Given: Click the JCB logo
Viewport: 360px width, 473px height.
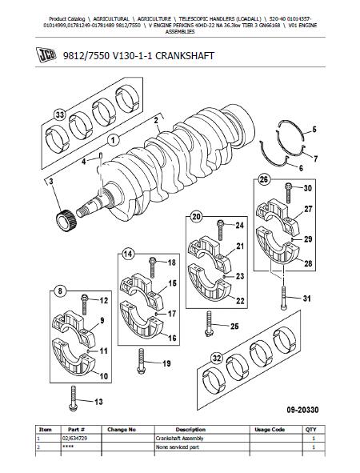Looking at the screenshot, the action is pos(46,55).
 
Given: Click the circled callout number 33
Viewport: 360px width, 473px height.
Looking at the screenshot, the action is pos(60,115).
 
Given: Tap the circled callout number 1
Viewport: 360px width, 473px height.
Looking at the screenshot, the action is pos(113,140).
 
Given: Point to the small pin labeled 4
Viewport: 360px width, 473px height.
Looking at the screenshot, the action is pos(101,156).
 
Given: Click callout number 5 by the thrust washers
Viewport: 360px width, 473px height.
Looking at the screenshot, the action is pos(314,130).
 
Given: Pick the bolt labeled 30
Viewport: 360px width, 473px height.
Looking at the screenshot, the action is pos(288,193).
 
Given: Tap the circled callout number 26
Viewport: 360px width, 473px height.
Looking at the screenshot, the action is pos(263,180).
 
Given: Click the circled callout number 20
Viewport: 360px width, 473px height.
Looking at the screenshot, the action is pos(196,217).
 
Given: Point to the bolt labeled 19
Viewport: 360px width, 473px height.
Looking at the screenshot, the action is pos(141,361).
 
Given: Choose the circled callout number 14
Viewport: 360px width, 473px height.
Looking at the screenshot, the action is pos(128,254).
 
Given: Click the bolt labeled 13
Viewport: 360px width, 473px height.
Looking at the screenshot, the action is pos(74,399).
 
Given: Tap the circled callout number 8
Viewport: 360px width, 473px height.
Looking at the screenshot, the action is pos(60,291).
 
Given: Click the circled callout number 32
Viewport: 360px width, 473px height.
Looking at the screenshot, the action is pos(217,359).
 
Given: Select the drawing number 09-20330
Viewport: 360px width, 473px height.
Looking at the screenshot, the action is pos(302,410).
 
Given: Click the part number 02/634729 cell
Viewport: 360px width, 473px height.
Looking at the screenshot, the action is pos(74,438).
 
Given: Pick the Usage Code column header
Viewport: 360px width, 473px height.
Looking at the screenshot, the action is pos(270,429).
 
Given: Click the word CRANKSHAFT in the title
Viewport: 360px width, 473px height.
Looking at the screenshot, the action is pos(185,56).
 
